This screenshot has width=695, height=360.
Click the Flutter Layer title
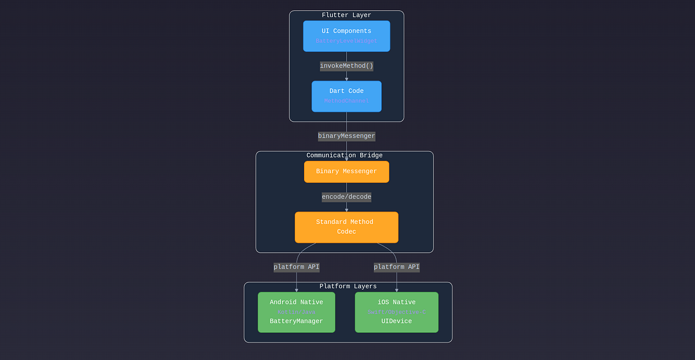click(x=346, y=15)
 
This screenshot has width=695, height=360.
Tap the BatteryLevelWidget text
click(x=346, y=41)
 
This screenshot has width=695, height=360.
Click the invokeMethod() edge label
click(x=346, y=66)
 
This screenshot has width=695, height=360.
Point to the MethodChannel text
click(x=346, y=101)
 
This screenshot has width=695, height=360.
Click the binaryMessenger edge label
click(x=346, y=136)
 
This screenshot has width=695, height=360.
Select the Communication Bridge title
click(x=344, y=155)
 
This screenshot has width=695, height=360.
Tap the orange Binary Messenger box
click(x=346, y=171)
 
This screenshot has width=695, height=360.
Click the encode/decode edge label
click(x=346, y=197)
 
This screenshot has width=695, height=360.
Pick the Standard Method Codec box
click(x=346, y=227)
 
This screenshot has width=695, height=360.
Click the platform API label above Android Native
click(x=297, y=267)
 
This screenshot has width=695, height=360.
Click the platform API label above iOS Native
click(x=397, y=267)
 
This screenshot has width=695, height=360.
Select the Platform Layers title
click(x=348, y=286)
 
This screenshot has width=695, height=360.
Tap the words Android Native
click(x=297, y=302)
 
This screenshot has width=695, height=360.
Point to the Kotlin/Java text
click(x=297, y=312)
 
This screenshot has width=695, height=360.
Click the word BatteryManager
click(x=297, y=321)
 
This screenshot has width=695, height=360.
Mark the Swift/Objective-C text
click(x=397, y=312)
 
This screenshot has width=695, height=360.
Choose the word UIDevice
click(x=397, y=321)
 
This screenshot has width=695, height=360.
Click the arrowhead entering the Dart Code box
click(x=346, y=79)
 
